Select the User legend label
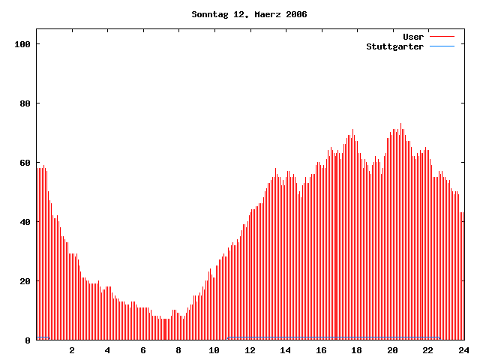click(x=413, y=36)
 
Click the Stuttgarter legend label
click(x=394, y=46)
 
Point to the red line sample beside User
click(x=442, y=36)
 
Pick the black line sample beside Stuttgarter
click(x=442, y=46)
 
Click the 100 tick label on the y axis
click(x=22, y=44)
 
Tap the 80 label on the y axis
click(x=25, y=103)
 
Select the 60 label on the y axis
click(x=25, y=163)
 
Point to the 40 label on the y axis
click(x=25, y=222)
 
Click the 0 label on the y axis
click(x=28, y=340)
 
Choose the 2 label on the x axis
click(x=72, y=350)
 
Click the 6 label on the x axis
click(x=143, y=350)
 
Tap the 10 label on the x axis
click(x=214, y=350)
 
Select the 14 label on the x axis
click(x=286, y=350)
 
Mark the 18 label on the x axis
click(x=357, y=350)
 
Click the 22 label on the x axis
click(x=427, y=350)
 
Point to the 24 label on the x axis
click(x=463, y=350)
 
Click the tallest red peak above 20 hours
click(x=400, y=124)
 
